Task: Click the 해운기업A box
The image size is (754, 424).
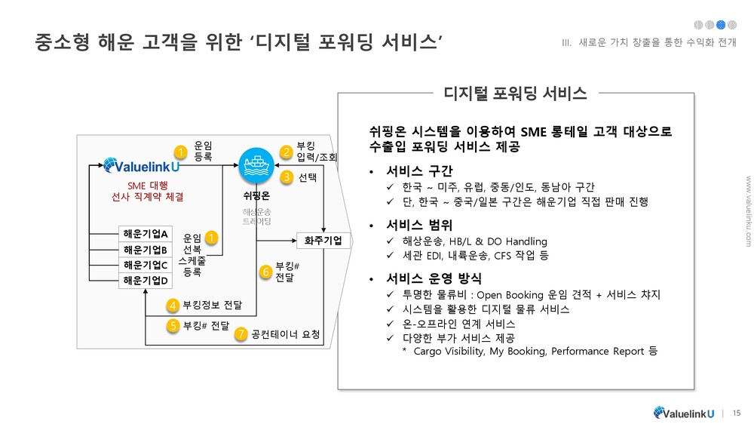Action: point(146,233)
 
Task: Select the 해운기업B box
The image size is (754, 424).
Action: point(146,250)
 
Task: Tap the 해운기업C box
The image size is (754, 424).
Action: point(146,266)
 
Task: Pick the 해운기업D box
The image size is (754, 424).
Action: point(146,281)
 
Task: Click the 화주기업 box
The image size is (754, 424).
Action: point(323,241)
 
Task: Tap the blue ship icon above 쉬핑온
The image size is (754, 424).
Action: point(255,161)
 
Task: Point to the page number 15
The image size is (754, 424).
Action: point(737,412)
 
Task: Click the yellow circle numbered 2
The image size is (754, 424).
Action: point(287,152)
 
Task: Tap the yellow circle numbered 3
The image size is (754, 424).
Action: point(287,178)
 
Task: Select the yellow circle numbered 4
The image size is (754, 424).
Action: point(173,306)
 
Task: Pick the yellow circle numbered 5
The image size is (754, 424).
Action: point(173,326)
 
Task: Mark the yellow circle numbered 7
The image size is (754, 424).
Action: point(241,333)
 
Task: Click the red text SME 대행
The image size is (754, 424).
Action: point(147,186)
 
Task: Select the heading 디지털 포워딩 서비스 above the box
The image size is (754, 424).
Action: point(516,94)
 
